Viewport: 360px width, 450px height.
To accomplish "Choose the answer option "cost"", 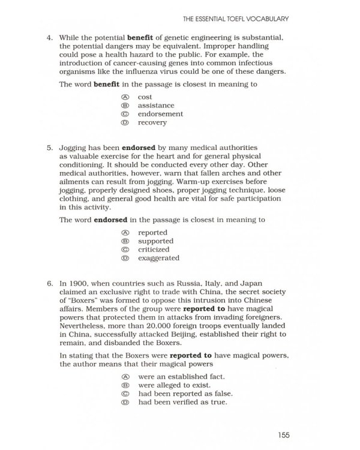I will click(x=145, y=97).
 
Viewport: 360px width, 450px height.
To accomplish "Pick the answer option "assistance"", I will click(x=156, y=106).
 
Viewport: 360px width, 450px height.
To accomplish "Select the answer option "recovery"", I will click(x=152, y=122).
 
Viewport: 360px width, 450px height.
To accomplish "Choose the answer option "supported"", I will click(x=155, y=241).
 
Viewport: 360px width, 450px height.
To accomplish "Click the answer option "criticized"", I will click(x=154, y=250).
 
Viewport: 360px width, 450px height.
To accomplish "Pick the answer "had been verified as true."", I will click(x=182, y=403).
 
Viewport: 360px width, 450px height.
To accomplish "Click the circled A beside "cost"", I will click(x=125, y=97).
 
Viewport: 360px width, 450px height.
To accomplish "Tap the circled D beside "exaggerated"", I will click(x=125, y=258).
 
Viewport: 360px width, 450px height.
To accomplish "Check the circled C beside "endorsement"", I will click(x=125, y=114).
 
